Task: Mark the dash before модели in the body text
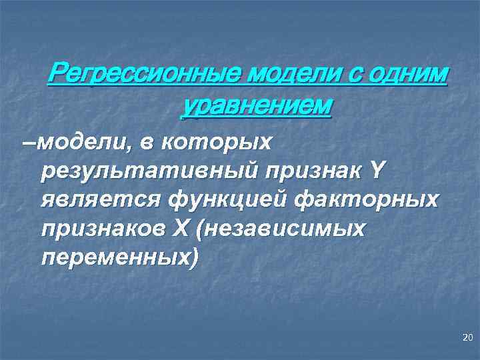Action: click(26, 141)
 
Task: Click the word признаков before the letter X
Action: click(103, 228)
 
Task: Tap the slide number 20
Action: click(466, 339)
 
